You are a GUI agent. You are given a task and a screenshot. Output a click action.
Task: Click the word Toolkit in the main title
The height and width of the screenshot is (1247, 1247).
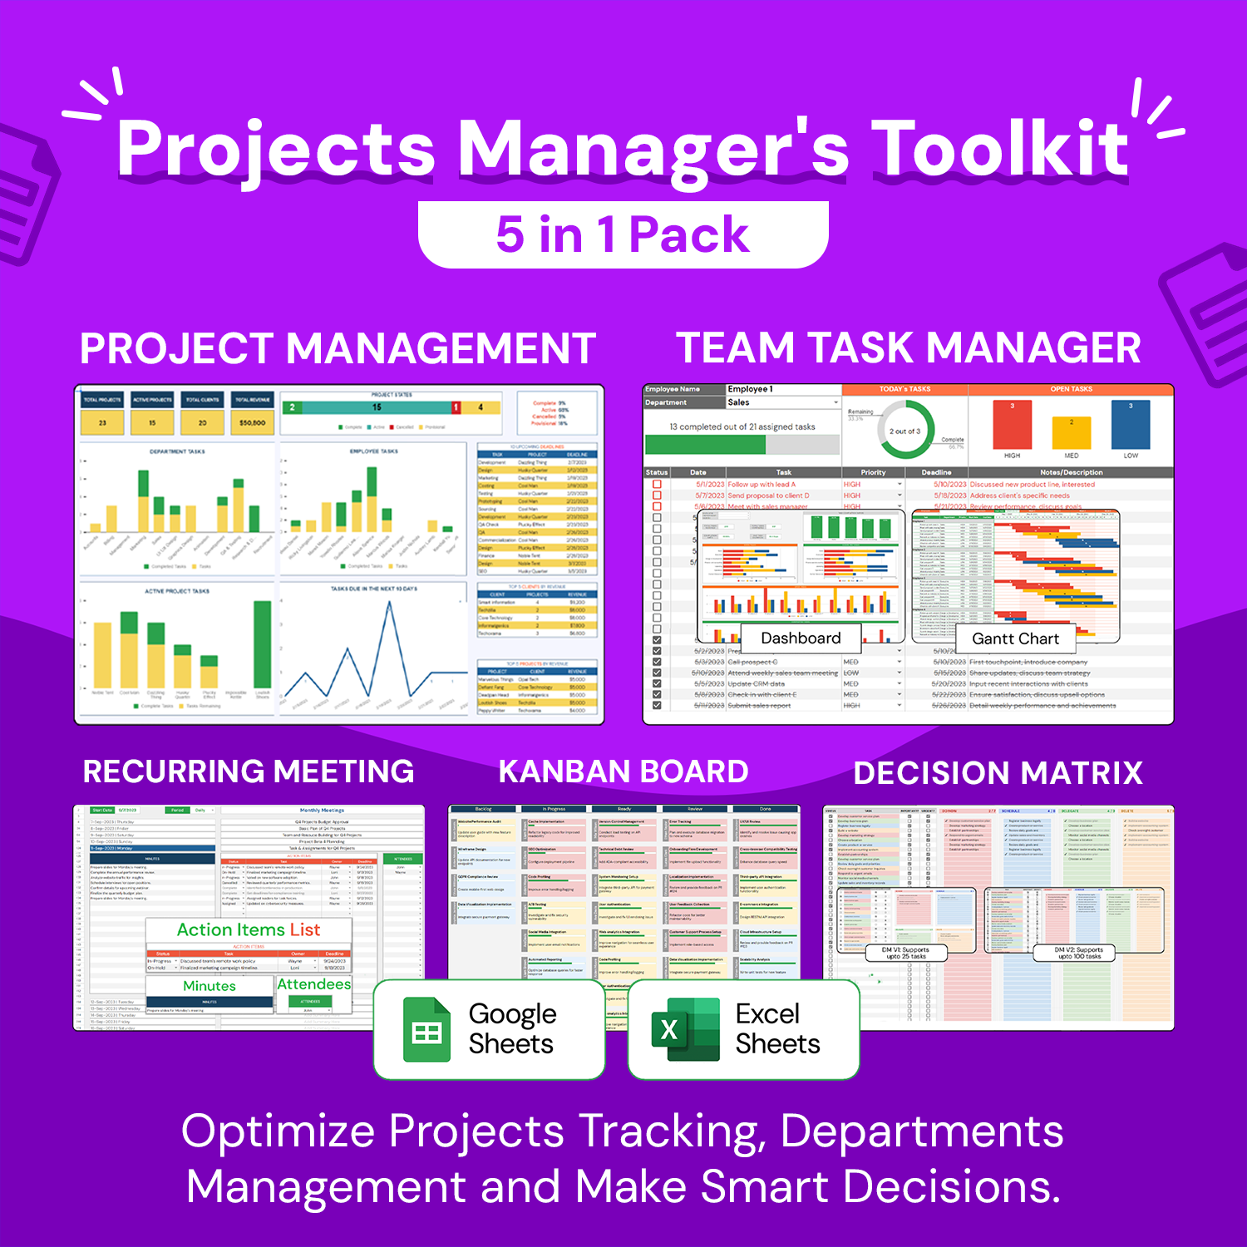click(x=1003, y=150)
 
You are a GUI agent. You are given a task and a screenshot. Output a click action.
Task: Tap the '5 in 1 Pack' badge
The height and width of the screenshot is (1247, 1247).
click(x=623, y=234)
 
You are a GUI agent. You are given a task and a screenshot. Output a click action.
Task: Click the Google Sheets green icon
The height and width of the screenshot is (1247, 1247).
click(x=426, y=1031)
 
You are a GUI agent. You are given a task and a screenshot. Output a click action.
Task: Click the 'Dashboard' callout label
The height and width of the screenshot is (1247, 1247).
click(x=801, y=638)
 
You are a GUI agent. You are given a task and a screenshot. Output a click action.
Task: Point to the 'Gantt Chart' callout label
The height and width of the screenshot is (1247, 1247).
click(x=1015, y=638)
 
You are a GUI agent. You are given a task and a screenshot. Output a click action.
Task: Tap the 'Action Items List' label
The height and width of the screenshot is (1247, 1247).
click(x=248, y=929)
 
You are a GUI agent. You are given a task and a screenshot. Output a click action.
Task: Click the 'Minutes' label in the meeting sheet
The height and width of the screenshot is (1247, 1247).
click(x=209, y=986)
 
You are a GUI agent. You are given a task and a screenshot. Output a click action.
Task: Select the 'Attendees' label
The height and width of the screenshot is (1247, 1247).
click(x=313, y=984)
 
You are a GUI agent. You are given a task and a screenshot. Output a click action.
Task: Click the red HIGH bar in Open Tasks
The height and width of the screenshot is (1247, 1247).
click(x=1012, y=425)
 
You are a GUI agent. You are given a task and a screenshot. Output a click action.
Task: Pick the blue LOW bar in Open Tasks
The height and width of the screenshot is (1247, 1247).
click(x=1131, y=425)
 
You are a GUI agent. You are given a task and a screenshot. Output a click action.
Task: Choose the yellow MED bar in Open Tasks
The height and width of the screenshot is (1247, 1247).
click(x=1071, y=433)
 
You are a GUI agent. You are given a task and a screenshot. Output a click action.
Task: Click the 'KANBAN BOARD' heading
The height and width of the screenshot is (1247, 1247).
click(x=623, y=771)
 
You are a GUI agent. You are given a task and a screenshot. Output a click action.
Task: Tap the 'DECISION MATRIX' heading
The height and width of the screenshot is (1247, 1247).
click(x=998, y=773)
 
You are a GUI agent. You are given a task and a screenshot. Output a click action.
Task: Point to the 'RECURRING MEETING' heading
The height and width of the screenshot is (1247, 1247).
click(x=249, y=771)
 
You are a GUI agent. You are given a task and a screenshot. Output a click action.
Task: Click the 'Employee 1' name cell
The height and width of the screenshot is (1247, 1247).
click(x=781, y=389)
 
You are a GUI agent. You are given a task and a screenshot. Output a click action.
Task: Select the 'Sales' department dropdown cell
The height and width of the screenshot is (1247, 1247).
click(x=781, y=402)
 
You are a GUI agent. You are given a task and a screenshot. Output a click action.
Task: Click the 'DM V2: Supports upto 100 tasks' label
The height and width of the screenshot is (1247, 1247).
click(x=1079, y=953)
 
